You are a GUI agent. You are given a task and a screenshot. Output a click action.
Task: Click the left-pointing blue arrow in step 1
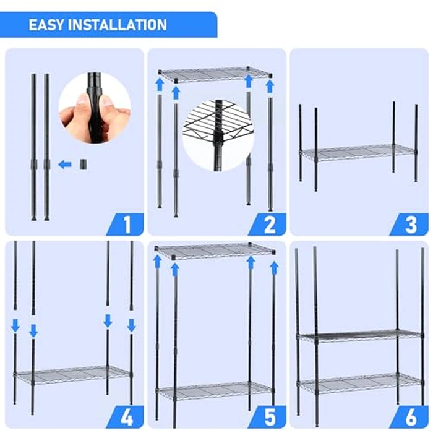64,165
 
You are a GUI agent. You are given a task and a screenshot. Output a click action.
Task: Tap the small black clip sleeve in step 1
82,165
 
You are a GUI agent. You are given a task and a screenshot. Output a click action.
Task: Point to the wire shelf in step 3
358,152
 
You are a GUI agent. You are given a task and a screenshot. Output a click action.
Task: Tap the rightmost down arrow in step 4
131,324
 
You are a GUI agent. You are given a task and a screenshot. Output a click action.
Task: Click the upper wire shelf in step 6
359,335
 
